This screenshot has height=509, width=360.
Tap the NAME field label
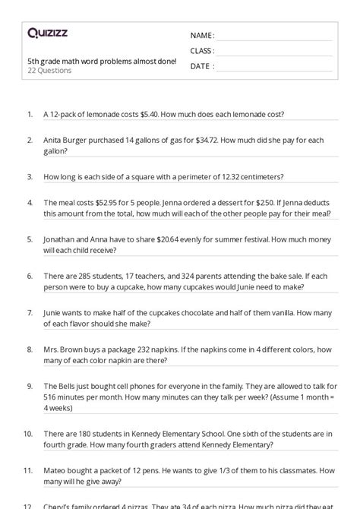[x=201, y=35]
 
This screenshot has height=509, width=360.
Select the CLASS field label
[x=202, y=50]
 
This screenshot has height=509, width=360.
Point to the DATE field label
[x=201, y=66]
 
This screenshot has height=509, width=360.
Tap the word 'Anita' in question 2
[x=54, y=140]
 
